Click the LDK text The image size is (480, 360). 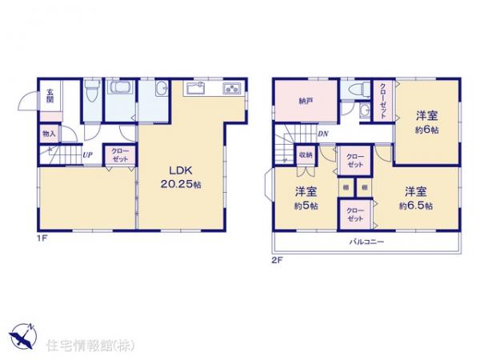point(178,170)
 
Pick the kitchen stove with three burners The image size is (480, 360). point(230,87)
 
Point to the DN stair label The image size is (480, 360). point(322,134)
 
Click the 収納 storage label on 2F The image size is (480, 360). point(306,154)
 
